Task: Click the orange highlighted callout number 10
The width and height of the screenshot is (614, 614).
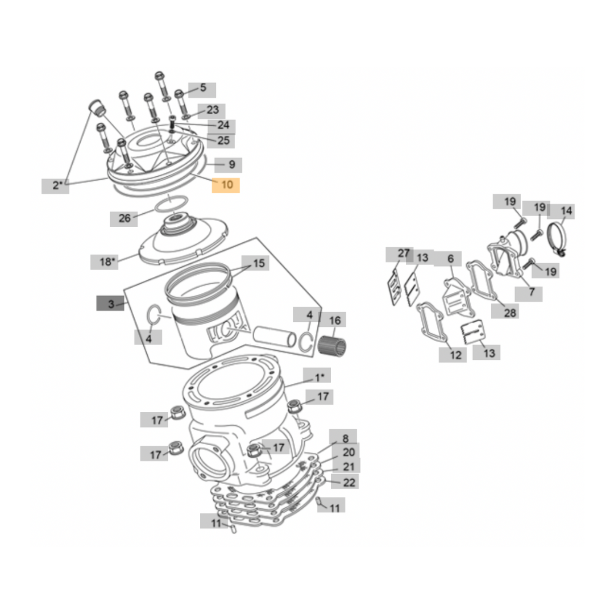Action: coord(226,185)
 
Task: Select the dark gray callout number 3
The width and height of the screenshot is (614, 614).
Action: coord(110,304)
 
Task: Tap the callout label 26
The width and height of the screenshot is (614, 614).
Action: coord(124,218)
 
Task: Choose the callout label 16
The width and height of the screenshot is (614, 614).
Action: coord(335,321)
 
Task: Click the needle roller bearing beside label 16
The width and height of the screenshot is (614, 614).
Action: coord(332,345)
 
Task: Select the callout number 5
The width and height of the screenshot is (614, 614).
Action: coord(202,89)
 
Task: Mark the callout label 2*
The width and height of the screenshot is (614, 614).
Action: coord(56,185)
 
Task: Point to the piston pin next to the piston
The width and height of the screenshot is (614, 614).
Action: coord(275,336)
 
